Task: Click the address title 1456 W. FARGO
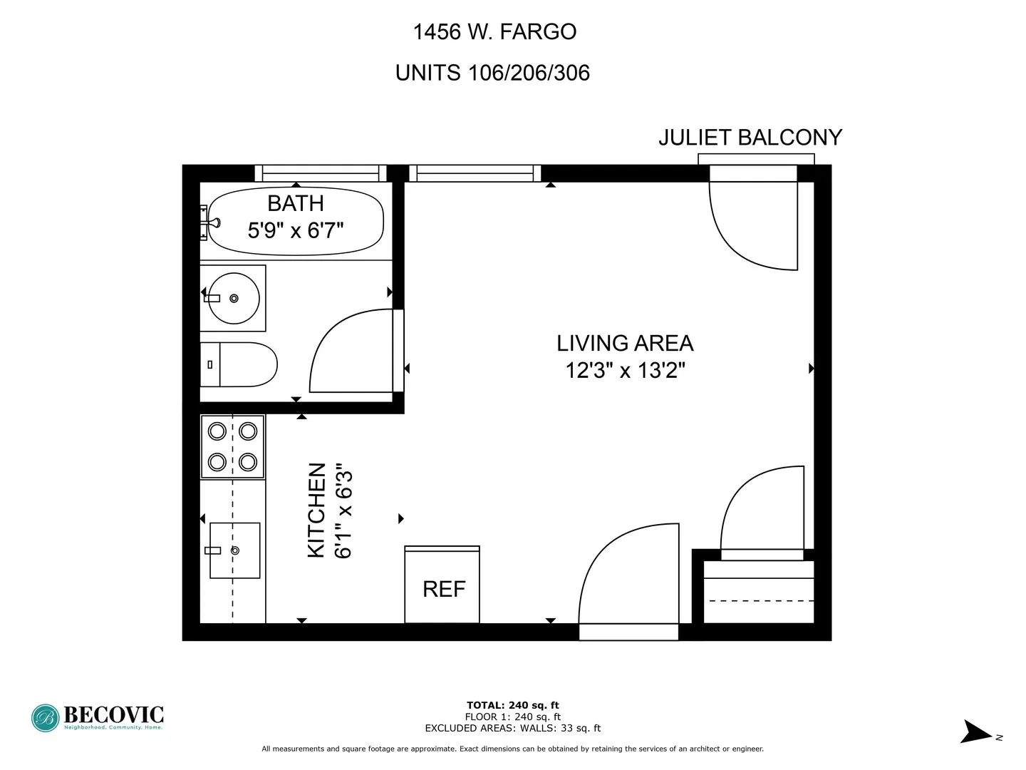[494, 32]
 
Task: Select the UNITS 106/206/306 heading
[492, 73]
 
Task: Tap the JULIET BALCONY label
[750, 138]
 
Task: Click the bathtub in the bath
[296, 220]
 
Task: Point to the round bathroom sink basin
[234, 298]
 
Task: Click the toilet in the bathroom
[239, 364]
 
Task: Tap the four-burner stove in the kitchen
[232, 447]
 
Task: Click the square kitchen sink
[234, 550]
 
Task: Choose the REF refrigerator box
[442, 588]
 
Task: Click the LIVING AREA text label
[625, 344]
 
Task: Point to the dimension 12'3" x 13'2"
[625, 371]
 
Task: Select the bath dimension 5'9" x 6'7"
[296, 230]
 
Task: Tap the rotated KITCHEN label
[316, 510]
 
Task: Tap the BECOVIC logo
[98, 717]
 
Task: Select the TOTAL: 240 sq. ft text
[512, 706]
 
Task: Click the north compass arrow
[975, 732]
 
